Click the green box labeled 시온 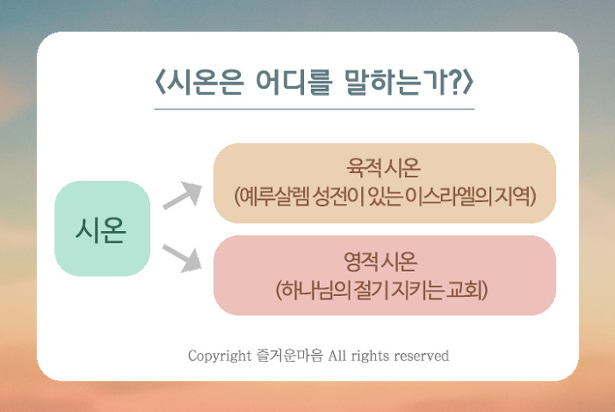coord(102,228)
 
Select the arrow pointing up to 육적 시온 coord(183,195)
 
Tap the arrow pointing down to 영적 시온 coord(183,258)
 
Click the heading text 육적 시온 coord(383,168)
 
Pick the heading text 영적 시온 coord(380,262)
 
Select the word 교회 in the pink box coord(465,290)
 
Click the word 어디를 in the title coord(294,83)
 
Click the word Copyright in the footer coord(220,356)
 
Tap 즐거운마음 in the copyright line coord(289,356)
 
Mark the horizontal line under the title coord(315,109)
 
